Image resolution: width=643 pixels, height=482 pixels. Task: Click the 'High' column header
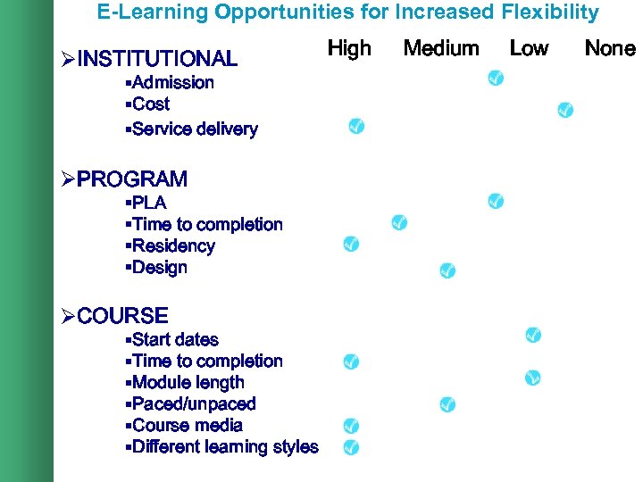pos(349,48)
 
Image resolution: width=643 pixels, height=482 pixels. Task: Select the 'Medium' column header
pos(441,48)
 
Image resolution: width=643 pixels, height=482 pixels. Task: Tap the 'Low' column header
pos(529,48)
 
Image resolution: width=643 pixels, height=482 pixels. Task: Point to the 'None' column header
pos(610,48)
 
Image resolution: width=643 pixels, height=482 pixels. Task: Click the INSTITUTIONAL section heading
pos(157,60)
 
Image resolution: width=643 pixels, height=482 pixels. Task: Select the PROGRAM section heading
pos(132,179)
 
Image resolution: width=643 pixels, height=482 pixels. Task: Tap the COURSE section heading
pos(122,316)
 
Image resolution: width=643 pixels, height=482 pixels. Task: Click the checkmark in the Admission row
pos(495,80)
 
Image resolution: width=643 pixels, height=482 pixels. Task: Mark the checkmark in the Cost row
pos(564,110)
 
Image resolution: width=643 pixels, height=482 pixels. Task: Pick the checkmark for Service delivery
pos(355,127)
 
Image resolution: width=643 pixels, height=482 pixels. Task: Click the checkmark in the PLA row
pos(496,201)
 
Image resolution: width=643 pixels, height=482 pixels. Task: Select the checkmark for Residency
pos(351,244)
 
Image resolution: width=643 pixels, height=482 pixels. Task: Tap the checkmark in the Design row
pos(447,270)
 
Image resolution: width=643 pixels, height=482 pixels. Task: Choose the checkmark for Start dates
pos(532,335)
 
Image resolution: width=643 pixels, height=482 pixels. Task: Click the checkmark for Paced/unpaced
pos(447,404)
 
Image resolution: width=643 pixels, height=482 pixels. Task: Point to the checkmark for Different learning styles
pos(351,446)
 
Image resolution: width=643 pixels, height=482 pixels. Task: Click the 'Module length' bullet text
pos(188,383)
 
